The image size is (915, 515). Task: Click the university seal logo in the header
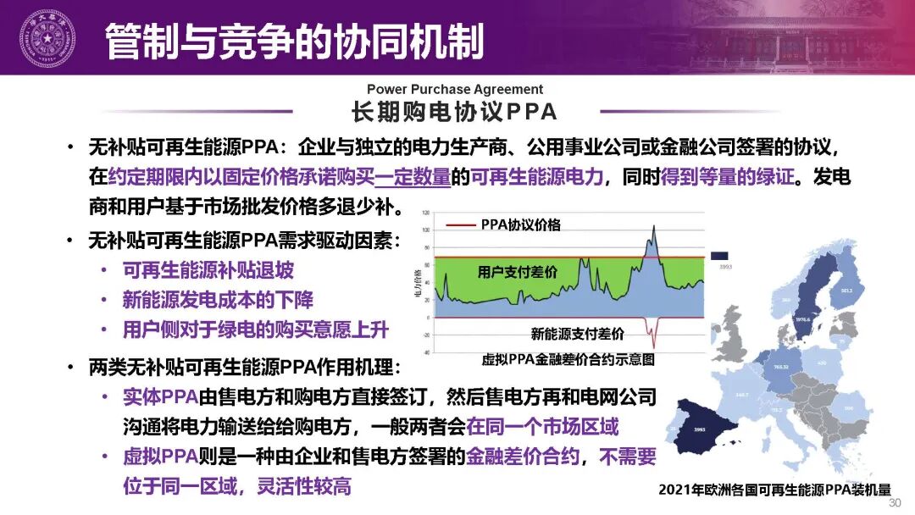coord(47,38)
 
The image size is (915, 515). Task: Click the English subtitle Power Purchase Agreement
coord(455,89)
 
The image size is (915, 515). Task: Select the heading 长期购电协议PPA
coord(454,112)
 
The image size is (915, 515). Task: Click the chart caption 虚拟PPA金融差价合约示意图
coord(568,359)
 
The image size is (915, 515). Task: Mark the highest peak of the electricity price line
coord(654,226)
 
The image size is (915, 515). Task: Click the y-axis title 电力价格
coord(417,285)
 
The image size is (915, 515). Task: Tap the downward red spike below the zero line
coord(652,335)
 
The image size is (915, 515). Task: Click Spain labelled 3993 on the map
coord(700,429)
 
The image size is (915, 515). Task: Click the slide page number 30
coord(895,503)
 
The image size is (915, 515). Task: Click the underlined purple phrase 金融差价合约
coord(523,457)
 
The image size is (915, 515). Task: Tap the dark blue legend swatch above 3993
coord(719,256)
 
